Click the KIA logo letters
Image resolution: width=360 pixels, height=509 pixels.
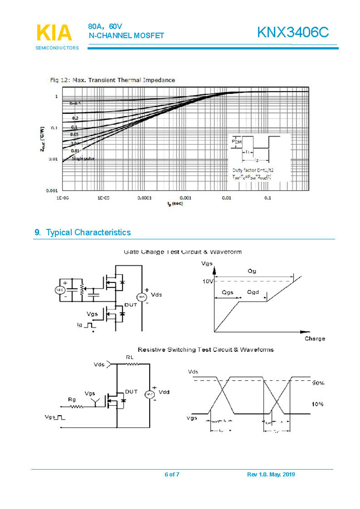pyautogui.click(x=54, y=33)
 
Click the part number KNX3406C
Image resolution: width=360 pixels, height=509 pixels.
pyautogui.click(x=293, y=33)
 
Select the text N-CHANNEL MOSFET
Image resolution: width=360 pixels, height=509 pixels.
pyautogui.click(x=126, y=36)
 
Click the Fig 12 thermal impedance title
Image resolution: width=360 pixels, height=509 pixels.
pyautogui.click(x=113, y=80)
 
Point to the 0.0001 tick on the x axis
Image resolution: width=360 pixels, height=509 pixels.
pyautogui.click(x=145, y=198)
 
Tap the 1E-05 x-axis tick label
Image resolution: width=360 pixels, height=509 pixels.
pyautogui.click(x=104, y=198)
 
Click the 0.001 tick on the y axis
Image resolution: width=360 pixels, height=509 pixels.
pyautogui.click(x=52, y=190)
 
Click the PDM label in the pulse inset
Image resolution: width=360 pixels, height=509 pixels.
pyautogui.click(x=236, y=142)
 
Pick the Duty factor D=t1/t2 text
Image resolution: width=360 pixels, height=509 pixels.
pyautogui.click(x=253, y=169)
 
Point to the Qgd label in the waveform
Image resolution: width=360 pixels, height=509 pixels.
pyautogui.click(x=252, y=292)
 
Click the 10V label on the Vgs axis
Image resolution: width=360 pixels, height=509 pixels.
pyautogui.click(x=207, y=281)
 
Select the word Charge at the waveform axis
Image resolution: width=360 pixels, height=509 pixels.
pyautogui.click(x=315, y=339)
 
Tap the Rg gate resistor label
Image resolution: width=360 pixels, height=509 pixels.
pyautogui.click(x=72, y=399)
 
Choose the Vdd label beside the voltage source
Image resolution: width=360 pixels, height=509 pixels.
pyautogui.click(x=164, y=392)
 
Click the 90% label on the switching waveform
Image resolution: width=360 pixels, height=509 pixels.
pyautogui.click(x=318, y=384)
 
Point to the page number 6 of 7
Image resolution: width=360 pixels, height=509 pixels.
pyautogui.click(x=172, y=475)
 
